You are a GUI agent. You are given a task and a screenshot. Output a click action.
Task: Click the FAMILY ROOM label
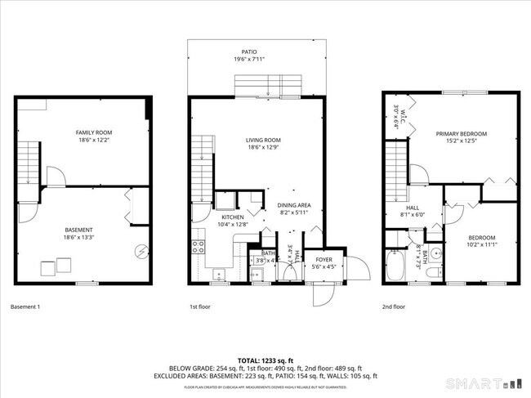click(x=94, y=132)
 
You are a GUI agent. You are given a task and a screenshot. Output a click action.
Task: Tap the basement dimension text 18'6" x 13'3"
click(x=79, y=238)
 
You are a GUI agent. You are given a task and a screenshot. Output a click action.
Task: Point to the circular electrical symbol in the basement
click(x=141, y=251)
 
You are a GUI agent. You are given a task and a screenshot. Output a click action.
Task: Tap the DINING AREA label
click(x=293, y=204)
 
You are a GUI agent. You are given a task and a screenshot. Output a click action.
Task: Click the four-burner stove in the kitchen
click(x=198, y=245)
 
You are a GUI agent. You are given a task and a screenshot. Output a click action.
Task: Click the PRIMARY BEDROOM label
click(x=461, y=133)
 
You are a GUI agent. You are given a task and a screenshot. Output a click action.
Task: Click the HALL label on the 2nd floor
click(x=412, y=208)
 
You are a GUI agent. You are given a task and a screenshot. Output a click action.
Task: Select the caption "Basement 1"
click(x=25, y=307)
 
